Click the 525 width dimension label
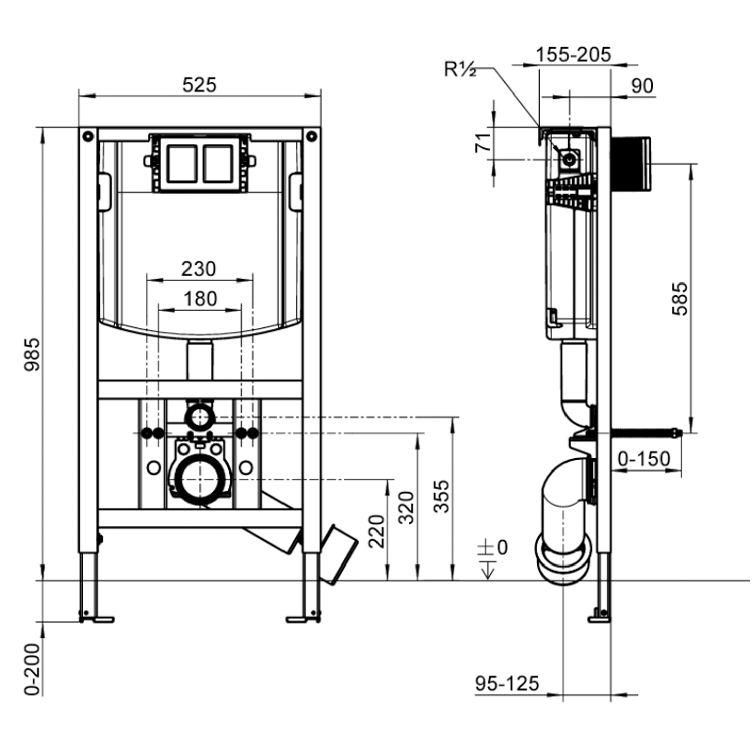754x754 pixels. (199, 85)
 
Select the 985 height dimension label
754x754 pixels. (32, 354)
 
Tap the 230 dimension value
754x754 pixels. (199, 269)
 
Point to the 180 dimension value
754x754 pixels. (200, 299)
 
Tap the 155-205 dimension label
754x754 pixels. (573, 55)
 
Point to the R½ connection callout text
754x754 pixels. (459, 69)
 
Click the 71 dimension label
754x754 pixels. (483, 143)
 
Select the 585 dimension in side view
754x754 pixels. (680, 299)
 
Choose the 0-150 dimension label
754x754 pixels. (643, 459)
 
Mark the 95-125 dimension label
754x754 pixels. (507, 683)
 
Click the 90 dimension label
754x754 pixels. (642, 86)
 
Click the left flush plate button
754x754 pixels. (181, 164)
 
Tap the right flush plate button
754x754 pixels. (218, 164)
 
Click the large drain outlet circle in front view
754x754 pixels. (200, 480)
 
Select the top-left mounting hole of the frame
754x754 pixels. (88, 136)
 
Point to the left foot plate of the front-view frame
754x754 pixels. (97, 619)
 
